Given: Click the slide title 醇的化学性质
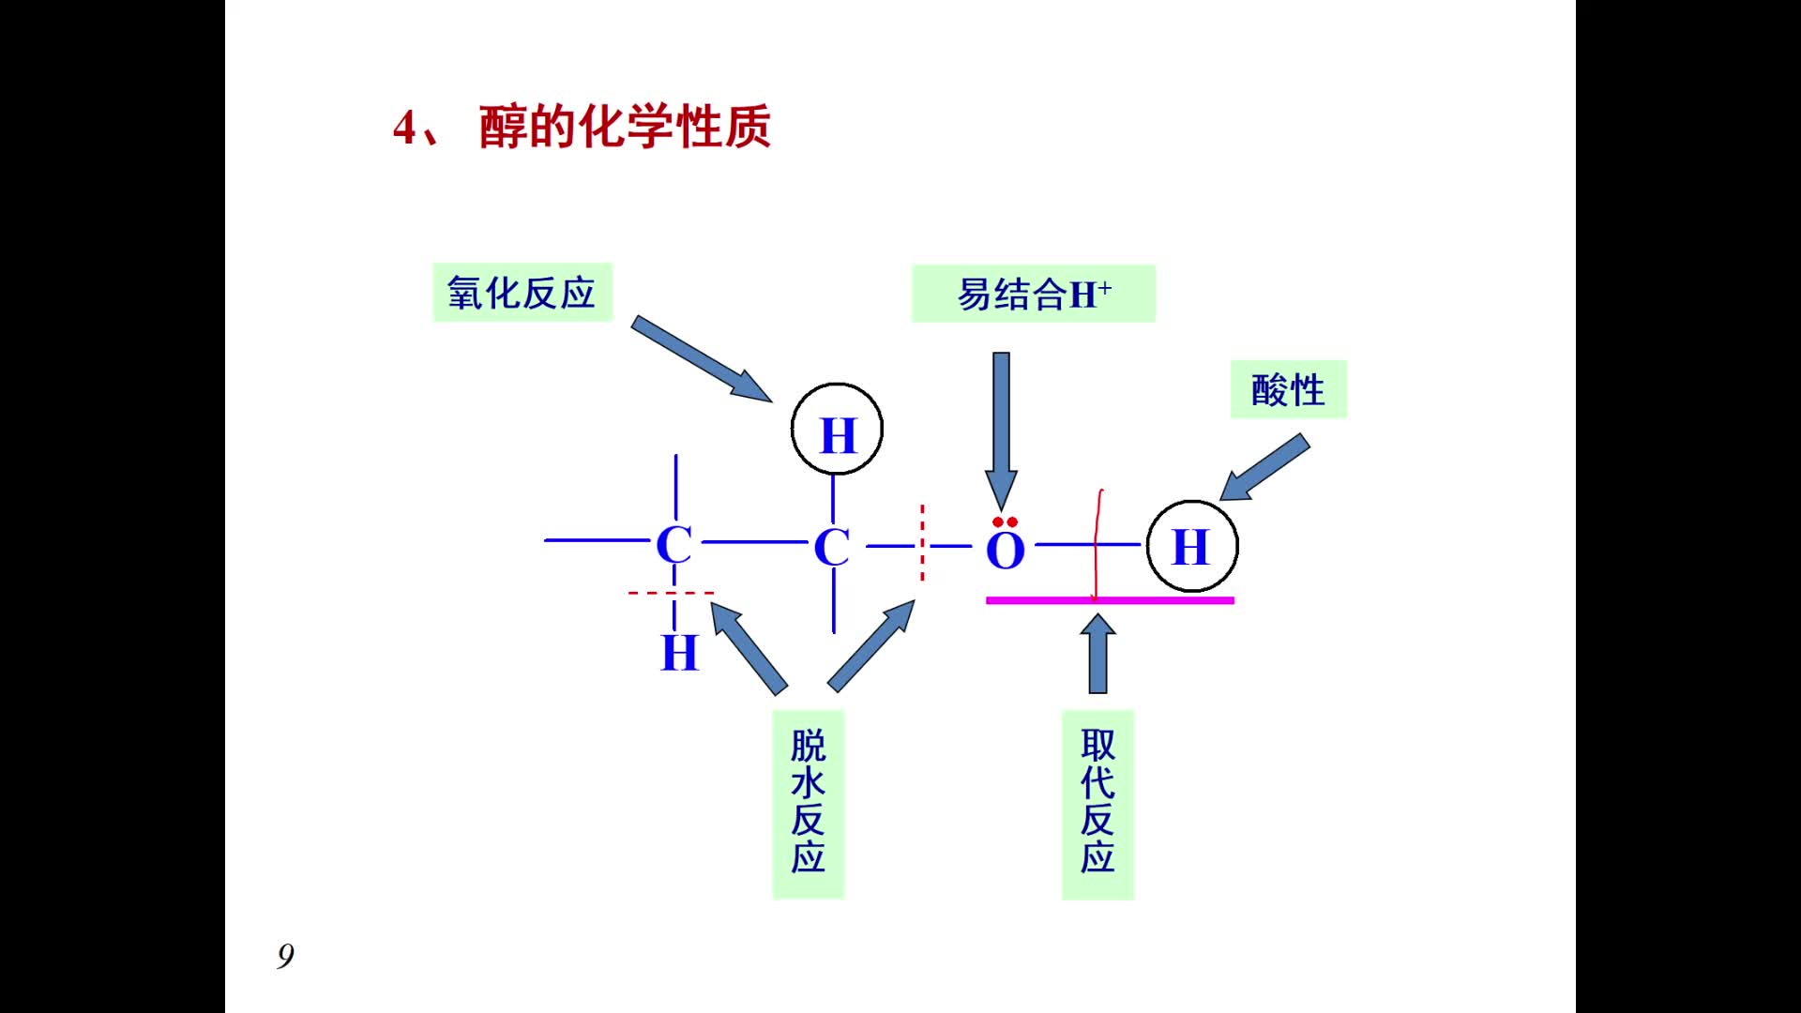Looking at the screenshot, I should click(x=624, y=128).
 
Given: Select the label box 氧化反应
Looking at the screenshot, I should click(x=522, y=293).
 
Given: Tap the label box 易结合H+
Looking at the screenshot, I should click(x=1033, y=295).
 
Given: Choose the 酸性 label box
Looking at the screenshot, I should click(x=1288, y=389).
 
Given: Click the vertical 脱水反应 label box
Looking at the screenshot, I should click(x=808, y=803).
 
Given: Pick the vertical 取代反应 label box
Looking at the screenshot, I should click(x=1097, y=803).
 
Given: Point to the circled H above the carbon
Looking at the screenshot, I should click(x=837, y=430).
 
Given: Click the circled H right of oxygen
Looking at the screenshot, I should click(x=1192, y=546).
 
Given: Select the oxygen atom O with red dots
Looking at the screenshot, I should click(x=1005, y=549).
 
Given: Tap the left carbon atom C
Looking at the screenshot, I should click(x=674, y=545).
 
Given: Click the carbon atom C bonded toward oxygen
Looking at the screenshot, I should click(x=832, y=547).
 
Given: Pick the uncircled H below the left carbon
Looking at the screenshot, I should click(x=680, y=653).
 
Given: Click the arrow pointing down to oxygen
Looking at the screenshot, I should click(x=1001, y=427).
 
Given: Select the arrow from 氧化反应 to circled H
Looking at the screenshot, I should click(x=701, y=359).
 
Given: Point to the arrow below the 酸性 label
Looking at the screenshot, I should click(x=1264, y=467).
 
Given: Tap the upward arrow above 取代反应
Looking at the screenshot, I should click(x=1097, y=654).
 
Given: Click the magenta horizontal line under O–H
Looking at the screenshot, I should click(x=1110, y=600).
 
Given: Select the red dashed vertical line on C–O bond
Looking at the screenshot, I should click(x=922, y=543).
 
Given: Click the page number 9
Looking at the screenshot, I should click(x=286, y=955).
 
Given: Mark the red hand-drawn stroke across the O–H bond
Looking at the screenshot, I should click(x=1097, y=544).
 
